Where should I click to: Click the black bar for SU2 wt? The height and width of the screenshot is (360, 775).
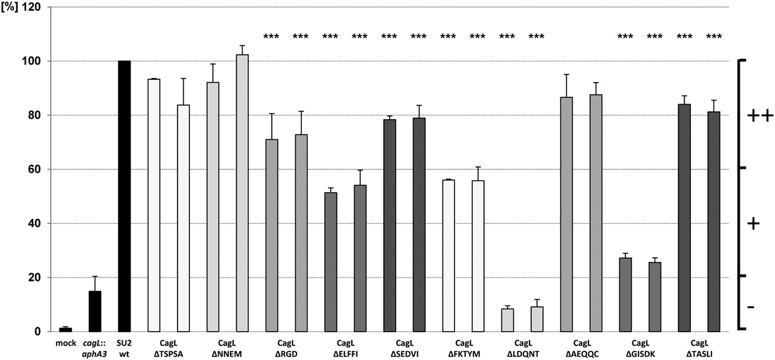124,197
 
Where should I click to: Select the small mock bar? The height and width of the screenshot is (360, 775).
65,330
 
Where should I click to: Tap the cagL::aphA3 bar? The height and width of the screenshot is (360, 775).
95,311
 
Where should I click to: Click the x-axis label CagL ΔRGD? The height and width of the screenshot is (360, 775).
286,348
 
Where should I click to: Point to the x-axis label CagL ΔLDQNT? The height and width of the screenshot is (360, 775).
522,348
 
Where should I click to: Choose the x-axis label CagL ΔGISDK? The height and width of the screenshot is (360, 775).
640,348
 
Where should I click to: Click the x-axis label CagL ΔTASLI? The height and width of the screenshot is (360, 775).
699,348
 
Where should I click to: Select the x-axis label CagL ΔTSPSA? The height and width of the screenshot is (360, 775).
168,348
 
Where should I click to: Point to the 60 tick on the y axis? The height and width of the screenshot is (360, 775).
35,170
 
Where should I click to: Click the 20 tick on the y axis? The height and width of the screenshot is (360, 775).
35,278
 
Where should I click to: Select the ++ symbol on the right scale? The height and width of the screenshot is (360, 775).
760,116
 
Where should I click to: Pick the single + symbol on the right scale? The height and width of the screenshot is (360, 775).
753,224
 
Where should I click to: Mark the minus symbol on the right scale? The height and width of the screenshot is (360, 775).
751,307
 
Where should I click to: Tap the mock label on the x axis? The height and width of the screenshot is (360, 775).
65,343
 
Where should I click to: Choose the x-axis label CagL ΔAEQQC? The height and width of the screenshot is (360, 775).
581,348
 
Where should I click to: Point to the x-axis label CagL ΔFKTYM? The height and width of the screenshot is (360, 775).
463,348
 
